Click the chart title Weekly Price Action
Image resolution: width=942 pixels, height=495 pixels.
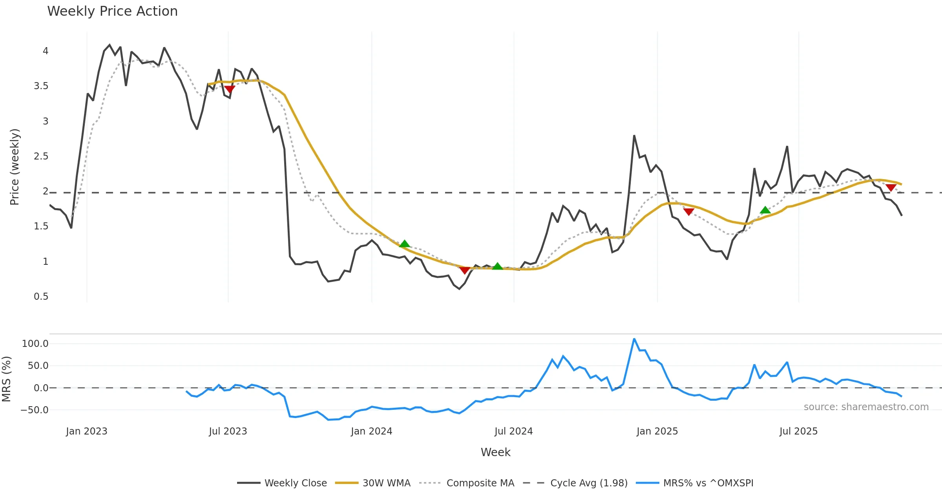pyautogui.click(x=112, y=11)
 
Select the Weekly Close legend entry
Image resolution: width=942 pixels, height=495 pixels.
pyautogui.click(x=295, y=483)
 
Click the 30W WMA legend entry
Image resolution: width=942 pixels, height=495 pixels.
pyautogui.click(x=386, y=483)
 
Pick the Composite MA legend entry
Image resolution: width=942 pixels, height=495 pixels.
pyautogui.click(x=480, y=483)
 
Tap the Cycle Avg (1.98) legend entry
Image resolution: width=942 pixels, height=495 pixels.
pyautogui.click(x=589, y=483)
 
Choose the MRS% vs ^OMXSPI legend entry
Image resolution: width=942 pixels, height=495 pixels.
pyautogui.click(x=708, y=483)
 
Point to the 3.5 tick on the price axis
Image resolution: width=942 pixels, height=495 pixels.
pyautogui.click(x=41, y=86)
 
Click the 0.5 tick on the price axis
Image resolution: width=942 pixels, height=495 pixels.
pyautogui.click(x=41, y=297)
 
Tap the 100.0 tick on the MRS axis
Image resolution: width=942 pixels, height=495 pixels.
pyautogui.click(x=35, y=344)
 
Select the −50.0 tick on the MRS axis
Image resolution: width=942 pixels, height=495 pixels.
pyautogui.click(x=35, y=410)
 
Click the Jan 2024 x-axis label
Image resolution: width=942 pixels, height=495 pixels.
pyautogui.click(x=371, y=431)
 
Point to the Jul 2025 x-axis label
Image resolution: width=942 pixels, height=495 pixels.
pyautogui.click(x=798, y=431)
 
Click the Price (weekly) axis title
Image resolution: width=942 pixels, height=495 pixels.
pyautogui.click(x=15, y=167)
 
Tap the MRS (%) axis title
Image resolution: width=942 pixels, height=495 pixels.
pyautogui.click(x=7, y=379)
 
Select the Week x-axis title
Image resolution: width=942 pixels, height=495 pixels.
pyautogui.click(x=495, y=453)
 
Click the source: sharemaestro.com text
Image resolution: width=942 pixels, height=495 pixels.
pyautogui.click(x=866, y=407)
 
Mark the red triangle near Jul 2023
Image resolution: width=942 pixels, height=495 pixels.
pyautogui.click(x=230, y=90)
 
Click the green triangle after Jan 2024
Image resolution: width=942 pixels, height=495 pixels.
pyautogui.click(x=404, y=244)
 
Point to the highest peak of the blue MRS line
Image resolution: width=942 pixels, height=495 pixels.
pyautogui.click(x=634, y=339)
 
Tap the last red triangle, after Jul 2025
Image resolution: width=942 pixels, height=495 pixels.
pyautogui.click(x=891, y=188)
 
